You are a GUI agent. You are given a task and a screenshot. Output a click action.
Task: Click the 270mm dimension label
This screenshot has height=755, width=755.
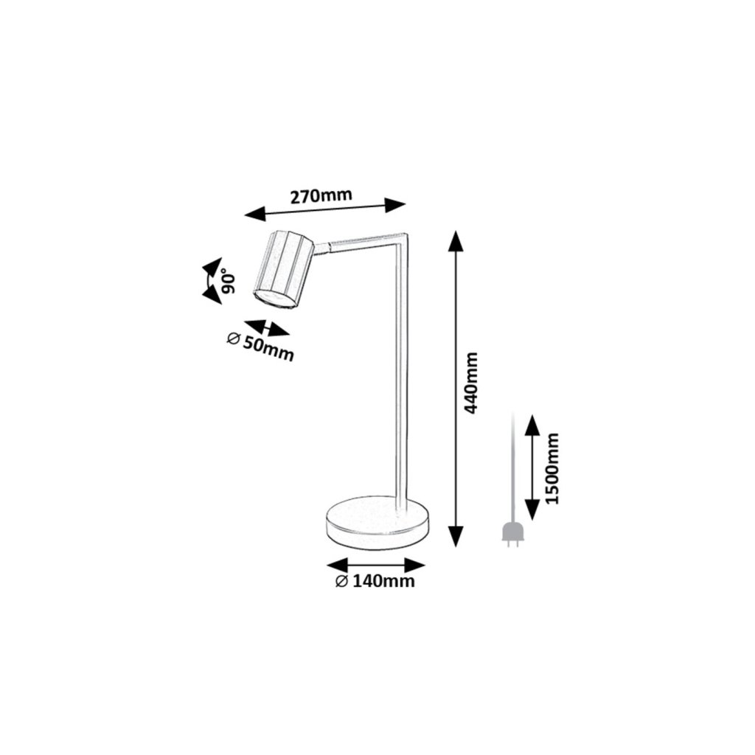tap(321, 196)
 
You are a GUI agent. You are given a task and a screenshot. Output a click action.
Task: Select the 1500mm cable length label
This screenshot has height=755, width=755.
tap(553, 467)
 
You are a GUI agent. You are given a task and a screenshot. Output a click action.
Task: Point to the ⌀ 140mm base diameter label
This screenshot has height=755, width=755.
tap(375, 582)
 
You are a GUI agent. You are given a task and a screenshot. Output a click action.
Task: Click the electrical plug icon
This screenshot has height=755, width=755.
tap(512, 535)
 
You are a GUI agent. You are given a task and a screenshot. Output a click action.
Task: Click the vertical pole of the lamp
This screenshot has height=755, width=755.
tap(402, 369)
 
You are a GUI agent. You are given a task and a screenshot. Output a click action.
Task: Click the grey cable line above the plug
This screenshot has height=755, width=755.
tap(512, 465)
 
